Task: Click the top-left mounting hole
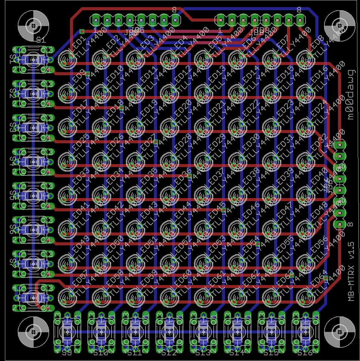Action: (x=34, y=25)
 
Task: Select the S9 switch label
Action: (x=67, y=353)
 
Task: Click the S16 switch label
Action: (x=304, y=353)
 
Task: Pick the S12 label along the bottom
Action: (x=169, y=353)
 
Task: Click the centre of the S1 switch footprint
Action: (x=33, y=60)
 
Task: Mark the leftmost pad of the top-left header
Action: (x=96, y=20)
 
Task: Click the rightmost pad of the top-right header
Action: (x=300, y=20)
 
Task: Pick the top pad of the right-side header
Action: (x=340, y=145)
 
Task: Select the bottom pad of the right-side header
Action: (x=340, y=224)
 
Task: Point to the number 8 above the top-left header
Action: (x=174, y=9)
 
